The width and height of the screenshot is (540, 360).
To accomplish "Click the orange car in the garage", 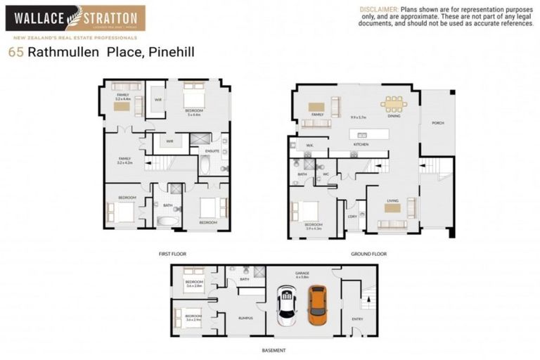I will [317, 304].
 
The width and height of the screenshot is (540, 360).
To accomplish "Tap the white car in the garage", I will [286, 306].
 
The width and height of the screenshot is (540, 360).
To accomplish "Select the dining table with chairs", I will [393, 104].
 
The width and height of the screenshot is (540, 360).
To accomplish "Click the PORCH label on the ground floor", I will [437, 123].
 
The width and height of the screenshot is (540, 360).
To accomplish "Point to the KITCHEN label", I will [361, 144].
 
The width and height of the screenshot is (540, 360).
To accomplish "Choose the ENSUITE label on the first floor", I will [212, 150].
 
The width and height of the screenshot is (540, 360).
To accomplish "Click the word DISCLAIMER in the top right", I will [379, 8].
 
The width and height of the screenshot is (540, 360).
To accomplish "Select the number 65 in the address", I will [15, 51].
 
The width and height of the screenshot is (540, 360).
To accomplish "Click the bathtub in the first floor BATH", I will [167, 221].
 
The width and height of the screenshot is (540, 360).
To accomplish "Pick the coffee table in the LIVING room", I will [392, 208].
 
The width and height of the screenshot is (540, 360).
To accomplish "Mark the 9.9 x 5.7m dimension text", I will [359, 117].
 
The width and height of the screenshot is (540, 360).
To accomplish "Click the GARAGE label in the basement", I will [302, 273].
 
